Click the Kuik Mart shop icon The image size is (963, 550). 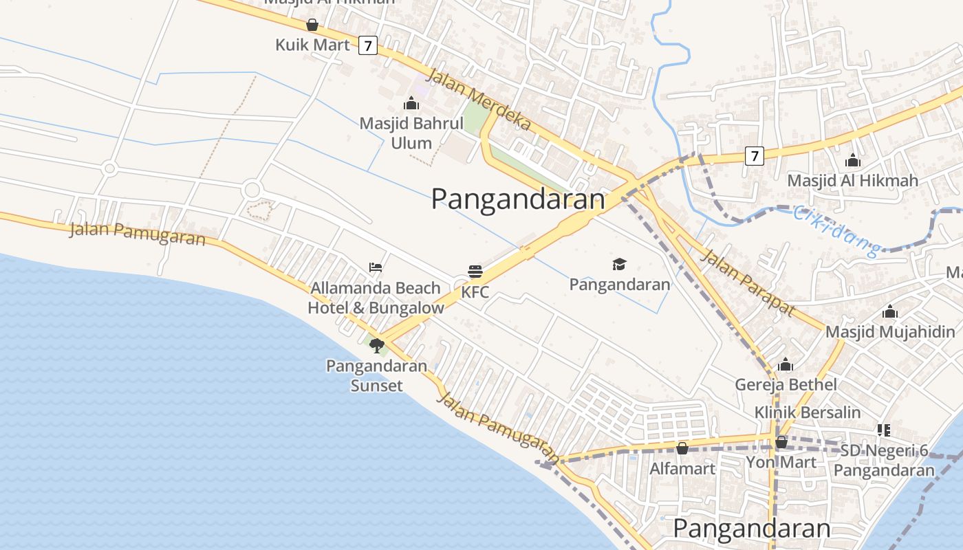(x=312, y=25)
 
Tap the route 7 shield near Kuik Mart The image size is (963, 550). (x=368, y=46)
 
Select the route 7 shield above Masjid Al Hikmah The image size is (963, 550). (x=755, y=156)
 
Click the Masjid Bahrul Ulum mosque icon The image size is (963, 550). (x=411, y=104)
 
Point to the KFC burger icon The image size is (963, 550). (x=475, y=272)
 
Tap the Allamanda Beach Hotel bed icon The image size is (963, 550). (x=375, y=267)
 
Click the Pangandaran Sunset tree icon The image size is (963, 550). (x=376, y=345)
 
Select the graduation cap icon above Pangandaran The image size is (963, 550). (x=619, y=265)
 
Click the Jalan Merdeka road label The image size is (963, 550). (x=479, y=100)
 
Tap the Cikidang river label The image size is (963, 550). (x=836, y=231)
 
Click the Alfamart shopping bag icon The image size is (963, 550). (x=682, y=448)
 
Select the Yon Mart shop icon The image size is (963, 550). (x=781, y=442)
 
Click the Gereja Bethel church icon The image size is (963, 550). (x=785, y=364)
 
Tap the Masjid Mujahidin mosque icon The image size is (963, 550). (x=890, y=312)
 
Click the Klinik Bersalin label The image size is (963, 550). (x=808, y=412)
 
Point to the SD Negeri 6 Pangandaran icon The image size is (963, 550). (x=884, y=431)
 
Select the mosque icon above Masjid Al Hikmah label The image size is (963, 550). (x=853, y=161)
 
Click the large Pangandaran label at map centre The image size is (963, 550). (x=518, y=199)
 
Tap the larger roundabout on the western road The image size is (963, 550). (x=252, y=189)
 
